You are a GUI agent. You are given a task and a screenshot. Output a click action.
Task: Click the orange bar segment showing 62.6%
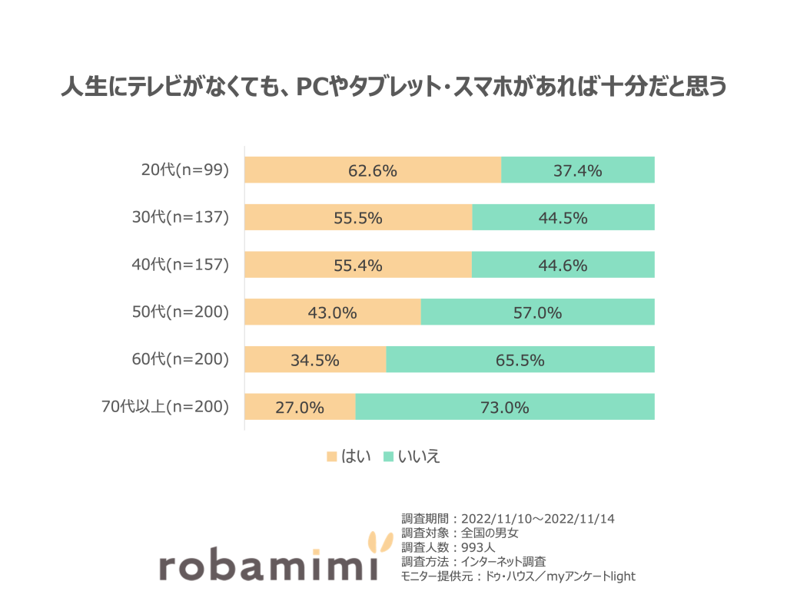373,170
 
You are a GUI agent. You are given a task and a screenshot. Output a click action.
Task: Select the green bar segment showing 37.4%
577,170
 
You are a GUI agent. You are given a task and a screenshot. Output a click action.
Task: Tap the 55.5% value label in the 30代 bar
358,218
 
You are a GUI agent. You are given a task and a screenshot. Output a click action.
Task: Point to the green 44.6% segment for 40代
563,266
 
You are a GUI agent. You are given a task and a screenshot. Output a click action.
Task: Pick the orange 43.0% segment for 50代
333,312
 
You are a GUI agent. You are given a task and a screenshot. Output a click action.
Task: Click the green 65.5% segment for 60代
520,360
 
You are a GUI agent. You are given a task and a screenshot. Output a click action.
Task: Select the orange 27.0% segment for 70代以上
300,408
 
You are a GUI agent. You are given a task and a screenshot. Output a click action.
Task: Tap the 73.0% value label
505,408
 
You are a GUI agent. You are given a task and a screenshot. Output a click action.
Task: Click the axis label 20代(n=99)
185,170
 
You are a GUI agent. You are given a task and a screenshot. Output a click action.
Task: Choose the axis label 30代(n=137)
181,218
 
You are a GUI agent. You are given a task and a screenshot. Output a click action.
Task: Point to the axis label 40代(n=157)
181,266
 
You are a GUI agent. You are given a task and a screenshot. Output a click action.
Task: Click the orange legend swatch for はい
332,457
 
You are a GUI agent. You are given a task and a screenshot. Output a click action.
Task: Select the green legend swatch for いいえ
389,457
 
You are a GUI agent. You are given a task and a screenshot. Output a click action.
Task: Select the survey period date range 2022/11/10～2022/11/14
539,519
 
